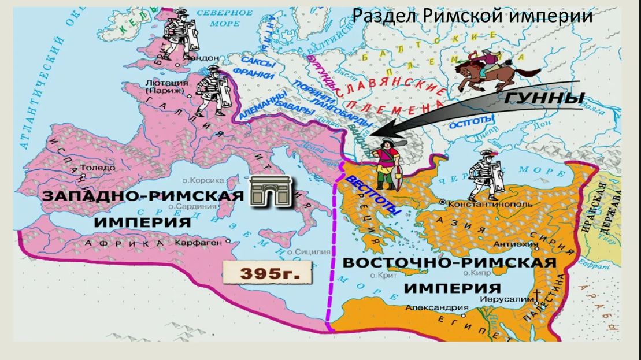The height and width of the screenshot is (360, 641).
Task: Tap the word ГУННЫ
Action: tap(543, 98)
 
